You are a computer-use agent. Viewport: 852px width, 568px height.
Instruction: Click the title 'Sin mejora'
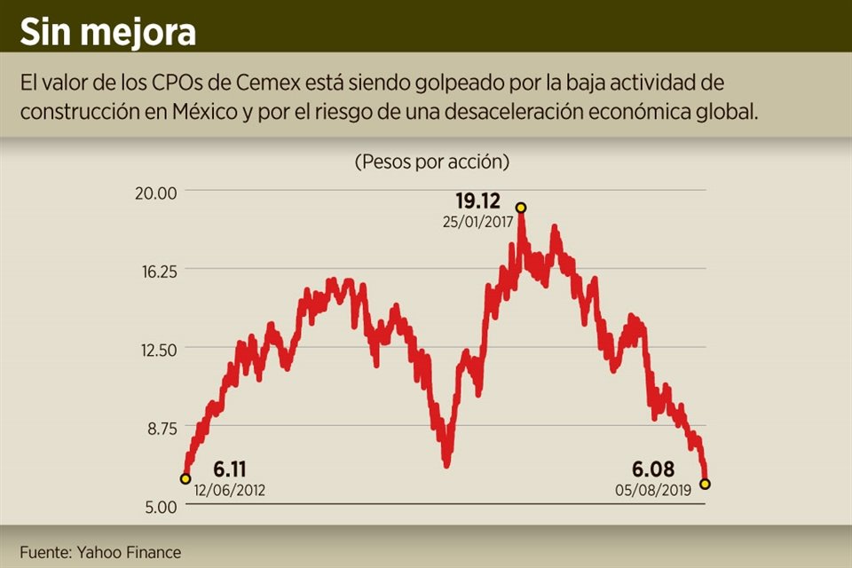click(x=108, y=33)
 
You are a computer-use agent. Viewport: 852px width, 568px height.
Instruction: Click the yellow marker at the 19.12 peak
click(x=521, y=208)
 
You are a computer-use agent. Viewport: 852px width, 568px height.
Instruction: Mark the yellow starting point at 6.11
click(x=185, y=479)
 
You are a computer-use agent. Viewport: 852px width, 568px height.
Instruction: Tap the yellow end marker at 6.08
click(x=705, y=484)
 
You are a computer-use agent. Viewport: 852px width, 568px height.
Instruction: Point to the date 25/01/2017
click(x=478, y=223)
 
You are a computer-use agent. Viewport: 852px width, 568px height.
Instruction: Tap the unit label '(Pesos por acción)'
click(x=432, y=162)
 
